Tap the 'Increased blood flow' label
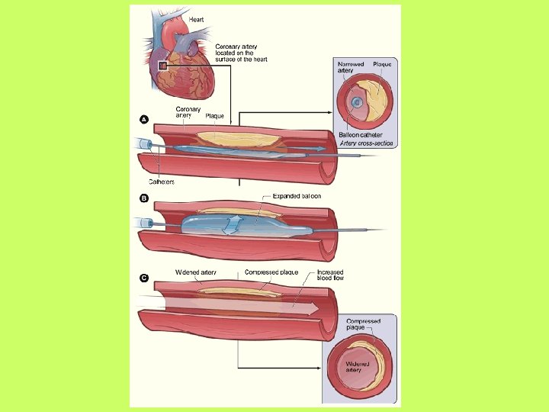tap(330, 275)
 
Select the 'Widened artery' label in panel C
tap(195, 272)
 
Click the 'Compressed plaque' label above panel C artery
tap(271, 272)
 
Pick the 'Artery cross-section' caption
tap(361, 143)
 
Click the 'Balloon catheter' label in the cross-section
tap(360, 135)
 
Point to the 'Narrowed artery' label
tap(350, 69)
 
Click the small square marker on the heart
tap(162, 66)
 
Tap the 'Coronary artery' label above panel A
tap(188, 112)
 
